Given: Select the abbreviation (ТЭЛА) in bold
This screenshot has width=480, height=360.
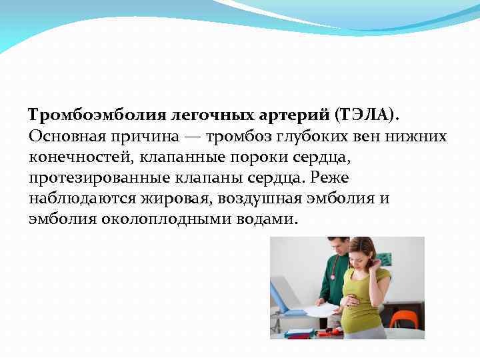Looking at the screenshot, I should point(369,115).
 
